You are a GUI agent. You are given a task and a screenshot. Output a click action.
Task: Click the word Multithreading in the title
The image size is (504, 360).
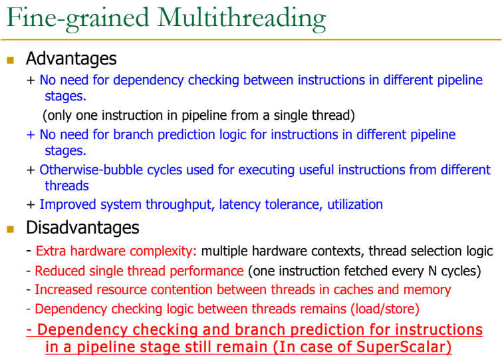[x=242, y=19]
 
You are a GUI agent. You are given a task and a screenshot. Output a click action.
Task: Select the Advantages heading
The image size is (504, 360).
[x=71, y=59]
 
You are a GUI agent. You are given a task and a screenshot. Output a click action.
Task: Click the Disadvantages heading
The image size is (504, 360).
[x=82, y=228]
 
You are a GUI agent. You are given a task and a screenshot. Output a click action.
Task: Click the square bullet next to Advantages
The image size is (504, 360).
[x=10, y=60]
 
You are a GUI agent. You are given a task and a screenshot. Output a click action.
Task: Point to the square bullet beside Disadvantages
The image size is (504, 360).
[x=10, y=229]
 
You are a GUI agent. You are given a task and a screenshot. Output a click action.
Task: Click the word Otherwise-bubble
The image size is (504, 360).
[x=91, y=170]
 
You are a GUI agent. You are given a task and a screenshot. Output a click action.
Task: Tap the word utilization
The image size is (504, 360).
[x=355, y=204]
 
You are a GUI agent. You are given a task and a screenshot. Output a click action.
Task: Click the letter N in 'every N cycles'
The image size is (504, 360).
[x=432, y=271]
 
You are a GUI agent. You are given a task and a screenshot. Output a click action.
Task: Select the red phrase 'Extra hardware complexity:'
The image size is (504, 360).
[x=116, y=252]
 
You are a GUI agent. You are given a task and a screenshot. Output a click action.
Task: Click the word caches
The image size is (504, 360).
[x=353, y=290]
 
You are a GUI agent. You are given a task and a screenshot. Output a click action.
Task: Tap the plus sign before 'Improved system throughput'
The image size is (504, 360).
[x=31, y=204]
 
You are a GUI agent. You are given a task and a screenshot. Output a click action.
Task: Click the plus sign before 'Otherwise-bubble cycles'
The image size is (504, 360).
[x=31, y=170]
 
